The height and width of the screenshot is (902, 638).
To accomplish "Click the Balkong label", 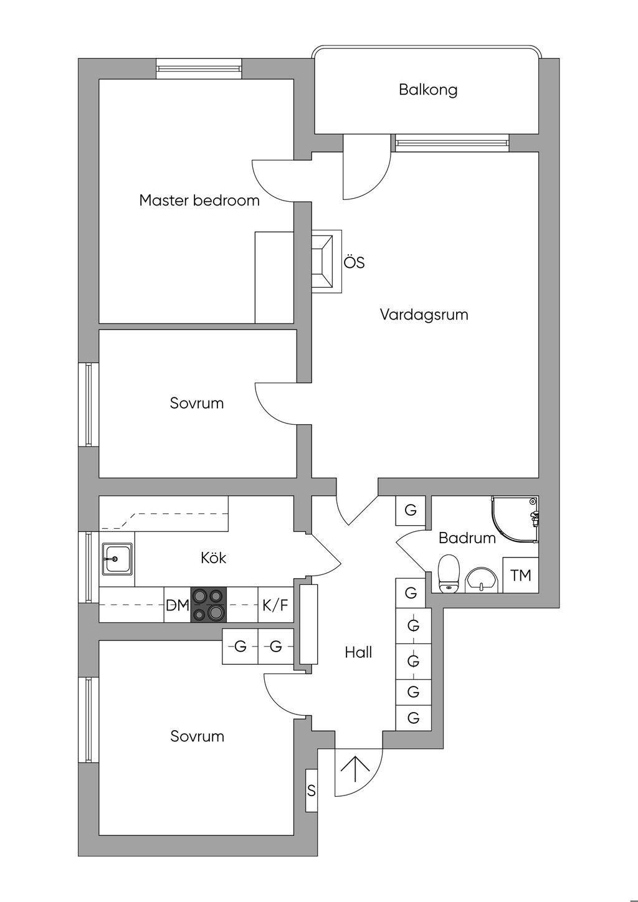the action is pyautogui.click(x=428, y=90).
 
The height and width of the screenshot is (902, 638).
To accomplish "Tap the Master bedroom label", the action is pyautogui.click(x=199, y=200).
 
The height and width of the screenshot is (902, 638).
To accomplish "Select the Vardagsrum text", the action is pyautogui.click(x=424, y=315).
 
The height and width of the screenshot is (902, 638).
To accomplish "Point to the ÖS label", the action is pyautogui.click(x=355, y=262).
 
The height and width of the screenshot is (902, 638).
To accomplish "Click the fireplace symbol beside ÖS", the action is pyautogui.click(x=326, y=262).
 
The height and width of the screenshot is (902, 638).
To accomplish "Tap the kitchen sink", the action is pyautogui.click(x=117, y=559).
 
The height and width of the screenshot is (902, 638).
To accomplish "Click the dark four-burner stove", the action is pyautogui.click(x=209, y=605).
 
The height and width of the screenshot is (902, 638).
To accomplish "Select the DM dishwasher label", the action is pyautogui.click(x=178, y=605).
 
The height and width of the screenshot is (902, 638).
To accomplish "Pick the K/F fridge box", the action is pyautogui.click(x=275, y=605).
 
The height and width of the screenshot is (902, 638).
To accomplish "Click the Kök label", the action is pyautogui.click(x=214, y=558).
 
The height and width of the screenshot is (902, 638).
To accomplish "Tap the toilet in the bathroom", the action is pyautogui.click(x=449, y=574).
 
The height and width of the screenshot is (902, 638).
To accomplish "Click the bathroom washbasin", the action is pyautogui.click(x=482, y=581).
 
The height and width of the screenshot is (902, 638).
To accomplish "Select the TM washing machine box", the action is pyautogui.click(x=521, y=575).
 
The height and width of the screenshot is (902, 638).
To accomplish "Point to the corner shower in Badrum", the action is pyautogui.click(x=515, y=520).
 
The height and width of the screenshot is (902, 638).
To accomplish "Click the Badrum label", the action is pyautogui.click(x=467, y=538).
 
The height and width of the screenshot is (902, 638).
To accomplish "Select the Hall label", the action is pyautogui.click(x=358, y=652).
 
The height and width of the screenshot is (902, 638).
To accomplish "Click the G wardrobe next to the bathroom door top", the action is pyautogui.click(x=411, y=511).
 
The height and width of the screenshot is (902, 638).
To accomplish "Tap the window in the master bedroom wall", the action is pyautogui.click(x=199, y=69).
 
